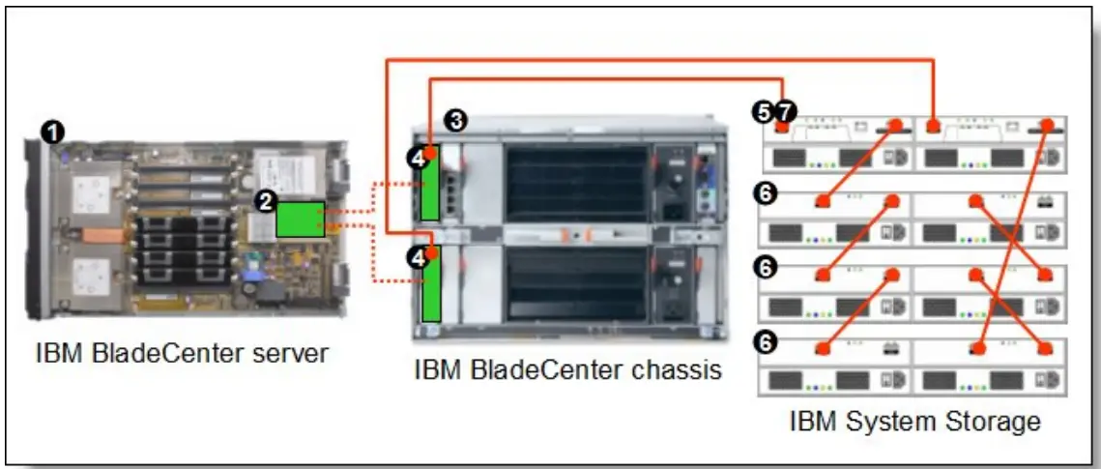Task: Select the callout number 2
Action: pos(264,201)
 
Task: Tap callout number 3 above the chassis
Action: pos(457,120)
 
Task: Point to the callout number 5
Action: pos(762,113)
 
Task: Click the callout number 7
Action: pos(780,113)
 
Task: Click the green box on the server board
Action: pos(300,219)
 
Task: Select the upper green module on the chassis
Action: pos(431,184)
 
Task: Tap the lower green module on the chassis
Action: pos(431,286)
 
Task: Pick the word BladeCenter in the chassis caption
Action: pos(544,369)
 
